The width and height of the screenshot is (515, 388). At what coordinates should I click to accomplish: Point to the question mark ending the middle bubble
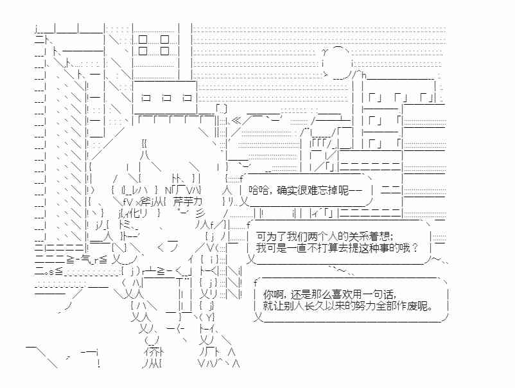tap(416, 248)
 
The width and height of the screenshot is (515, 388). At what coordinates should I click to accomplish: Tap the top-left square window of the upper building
tap(143, 39)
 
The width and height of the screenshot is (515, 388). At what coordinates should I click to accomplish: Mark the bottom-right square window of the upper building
tap(164, 51)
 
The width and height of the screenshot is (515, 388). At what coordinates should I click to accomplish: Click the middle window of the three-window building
tap(167, 98)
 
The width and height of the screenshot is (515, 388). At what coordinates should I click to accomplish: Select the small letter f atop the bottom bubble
tap(255, 282)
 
